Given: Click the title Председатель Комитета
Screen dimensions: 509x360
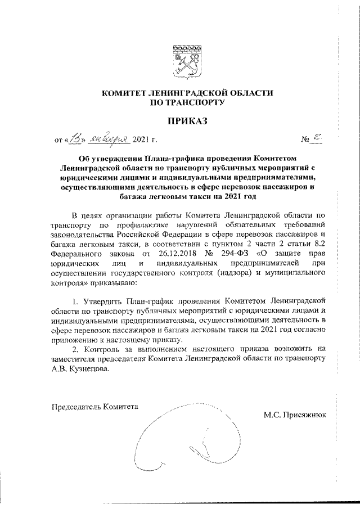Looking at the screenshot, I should tap(93, 406).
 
